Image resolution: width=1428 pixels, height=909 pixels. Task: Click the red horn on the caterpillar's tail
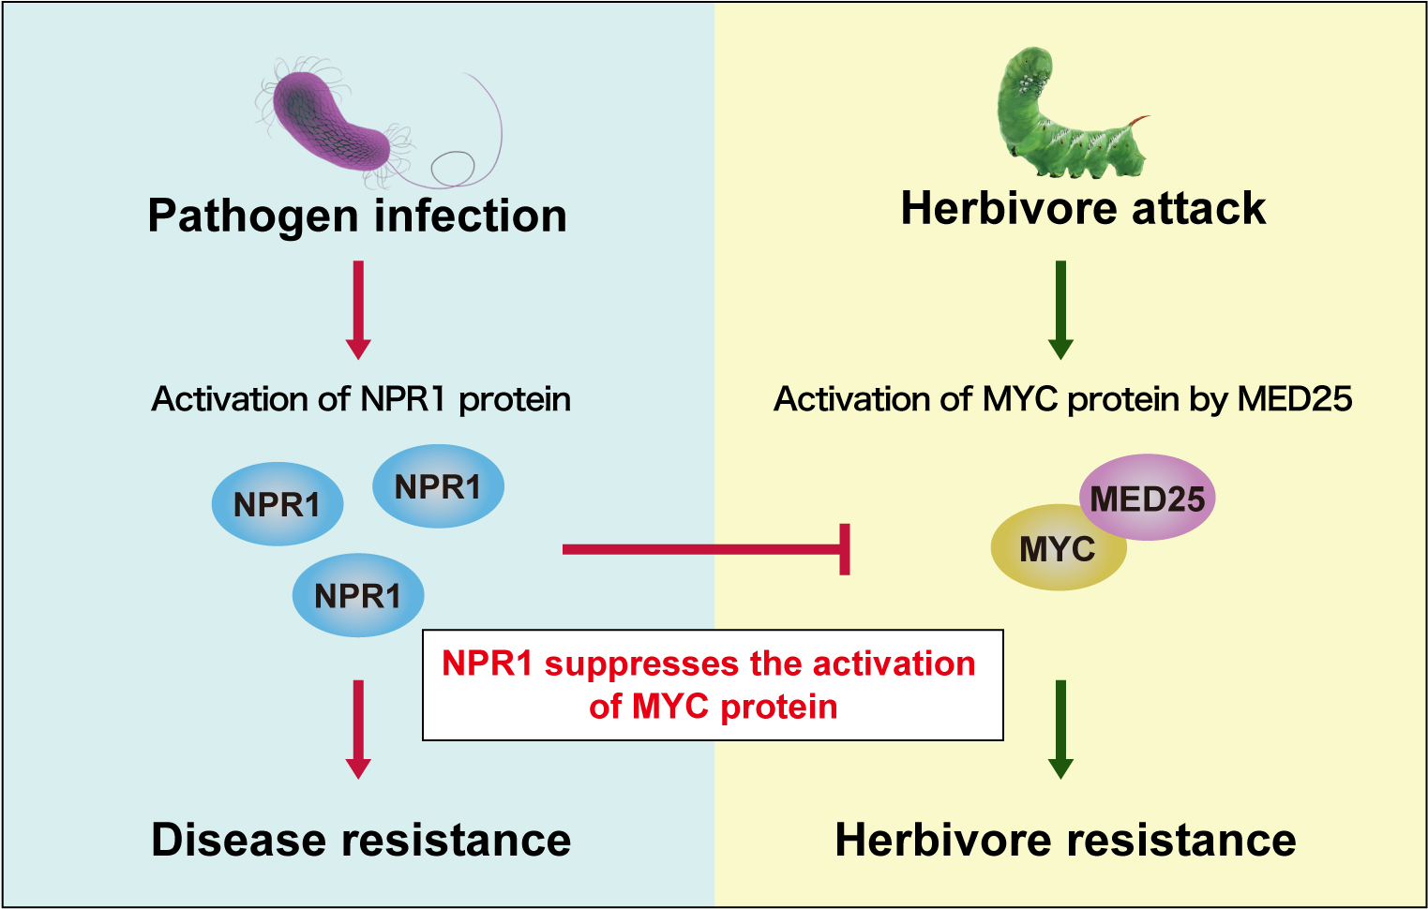pos(1138,121)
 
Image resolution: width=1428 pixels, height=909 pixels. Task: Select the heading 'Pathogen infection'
pos(357,216)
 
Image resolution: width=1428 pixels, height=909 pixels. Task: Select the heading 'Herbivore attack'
pos(1083,208)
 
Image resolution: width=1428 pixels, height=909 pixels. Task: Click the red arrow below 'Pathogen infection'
pos(358,309)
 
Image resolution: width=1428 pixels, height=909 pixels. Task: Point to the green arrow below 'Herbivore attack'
pos(1060,309)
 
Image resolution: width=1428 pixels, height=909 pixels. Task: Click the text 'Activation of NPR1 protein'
pos(361,399)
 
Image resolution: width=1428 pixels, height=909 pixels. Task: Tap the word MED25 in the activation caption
pos(1294,399)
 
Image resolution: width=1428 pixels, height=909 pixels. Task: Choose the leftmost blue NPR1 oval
pos(277,504)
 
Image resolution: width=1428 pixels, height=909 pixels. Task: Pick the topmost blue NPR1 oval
pos(438,486)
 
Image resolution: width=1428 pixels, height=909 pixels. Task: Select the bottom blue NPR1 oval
pos(357,595)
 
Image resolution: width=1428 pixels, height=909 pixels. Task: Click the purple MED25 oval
pos(1149,498)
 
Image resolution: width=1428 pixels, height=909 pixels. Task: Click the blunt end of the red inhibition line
pos(845,549)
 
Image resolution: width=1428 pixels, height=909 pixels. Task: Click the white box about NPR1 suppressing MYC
pos(713,685)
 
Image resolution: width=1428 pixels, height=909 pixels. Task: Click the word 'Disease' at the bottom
pos(238,840)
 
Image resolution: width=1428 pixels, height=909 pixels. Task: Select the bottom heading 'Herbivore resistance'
pos(1065,840)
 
